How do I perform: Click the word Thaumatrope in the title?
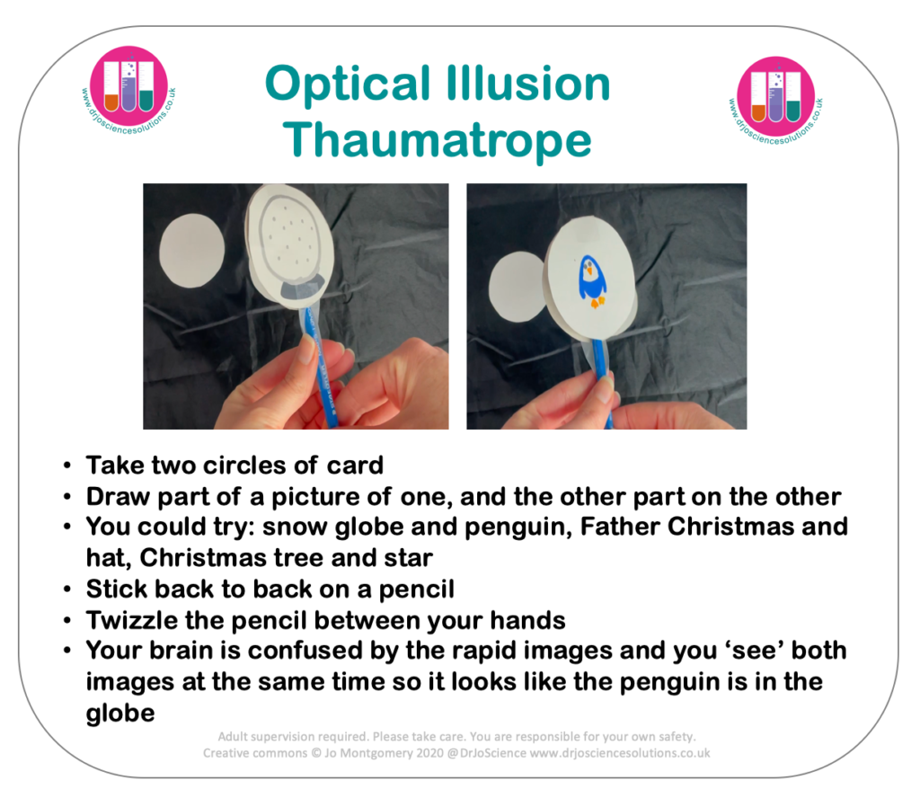(x=438, y=140)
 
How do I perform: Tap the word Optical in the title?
(x=348, y=84)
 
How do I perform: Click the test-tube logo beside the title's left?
(x=128, y=88)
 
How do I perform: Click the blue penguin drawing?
(x=593, y=281)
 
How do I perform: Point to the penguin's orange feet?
(x=597, y=302)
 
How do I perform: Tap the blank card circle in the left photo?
(x=192, y=251)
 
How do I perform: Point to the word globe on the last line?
(x=120, y=714)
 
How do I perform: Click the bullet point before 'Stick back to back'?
(x=67, y=589)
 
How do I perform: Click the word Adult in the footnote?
(x=233, y=737)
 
